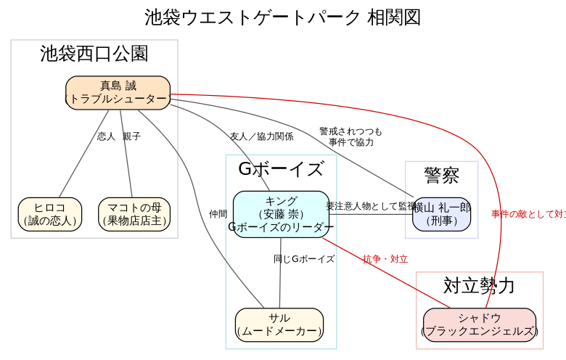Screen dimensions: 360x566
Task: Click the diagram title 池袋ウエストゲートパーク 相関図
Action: (282, 17)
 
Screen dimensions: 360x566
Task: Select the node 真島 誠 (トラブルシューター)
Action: (118, 93)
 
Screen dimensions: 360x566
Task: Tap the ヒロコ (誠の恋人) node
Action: (50, 214)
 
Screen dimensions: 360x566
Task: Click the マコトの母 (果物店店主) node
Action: (134, 214)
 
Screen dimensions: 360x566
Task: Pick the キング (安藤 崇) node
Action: (281, 214)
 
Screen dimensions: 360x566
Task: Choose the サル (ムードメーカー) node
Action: (279, 324)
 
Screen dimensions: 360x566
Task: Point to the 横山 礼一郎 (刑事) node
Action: (441, 214)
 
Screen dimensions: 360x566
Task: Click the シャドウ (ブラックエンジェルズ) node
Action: (480, 324)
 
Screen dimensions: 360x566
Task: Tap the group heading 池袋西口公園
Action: (94, 54)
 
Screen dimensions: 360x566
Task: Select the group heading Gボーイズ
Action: (281, 169)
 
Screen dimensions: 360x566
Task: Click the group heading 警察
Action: (441, 175)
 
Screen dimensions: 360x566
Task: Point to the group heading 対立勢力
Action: (479, 285)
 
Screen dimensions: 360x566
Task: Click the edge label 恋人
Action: (106, 136)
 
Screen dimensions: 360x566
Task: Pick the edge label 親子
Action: (131, 136)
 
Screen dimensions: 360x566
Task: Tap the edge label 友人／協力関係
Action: (261, 136)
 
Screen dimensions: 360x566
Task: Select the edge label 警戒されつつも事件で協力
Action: (350, 136)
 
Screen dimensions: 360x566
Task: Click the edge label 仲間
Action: (218, 214)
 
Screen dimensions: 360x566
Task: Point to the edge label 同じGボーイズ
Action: (304, 259)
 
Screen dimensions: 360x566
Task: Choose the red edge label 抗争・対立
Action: (385, 259)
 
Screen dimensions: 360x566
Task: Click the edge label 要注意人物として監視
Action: (370, 206)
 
